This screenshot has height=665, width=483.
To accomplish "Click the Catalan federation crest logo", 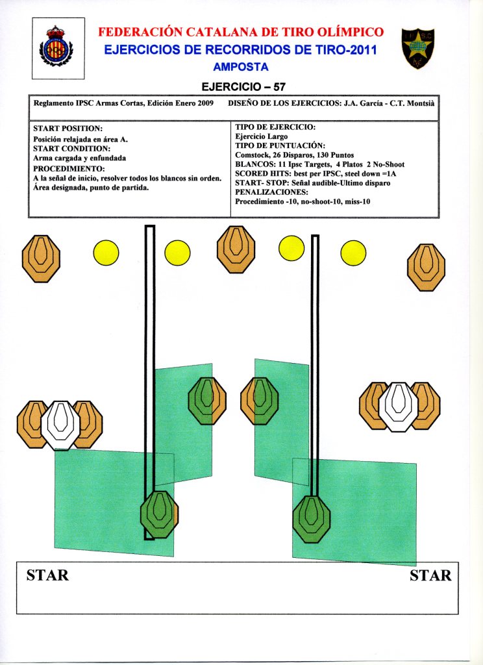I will (56, 47).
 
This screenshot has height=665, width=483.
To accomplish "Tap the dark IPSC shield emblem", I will (418, 48).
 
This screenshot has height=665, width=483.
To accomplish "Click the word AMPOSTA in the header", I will (240, 66).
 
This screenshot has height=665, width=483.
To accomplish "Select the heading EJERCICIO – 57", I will (243, 86).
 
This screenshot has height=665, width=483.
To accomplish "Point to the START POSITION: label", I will (68, 129).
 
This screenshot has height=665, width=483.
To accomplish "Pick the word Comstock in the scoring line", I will (253, 155).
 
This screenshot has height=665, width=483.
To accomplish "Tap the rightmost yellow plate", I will (354, 253).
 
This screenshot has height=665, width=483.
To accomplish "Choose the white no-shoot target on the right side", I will (399, 406).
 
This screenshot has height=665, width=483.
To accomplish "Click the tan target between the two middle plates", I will (232, 249).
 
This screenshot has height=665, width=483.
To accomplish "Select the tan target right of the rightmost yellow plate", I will (426, 267).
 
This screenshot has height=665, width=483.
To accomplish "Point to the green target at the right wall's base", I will (312, 519).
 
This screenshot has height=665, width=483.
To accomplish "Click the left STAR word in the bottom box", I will (47, 575).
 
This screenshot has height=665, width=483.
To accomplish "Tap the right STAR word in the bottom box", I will (430, 575).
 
